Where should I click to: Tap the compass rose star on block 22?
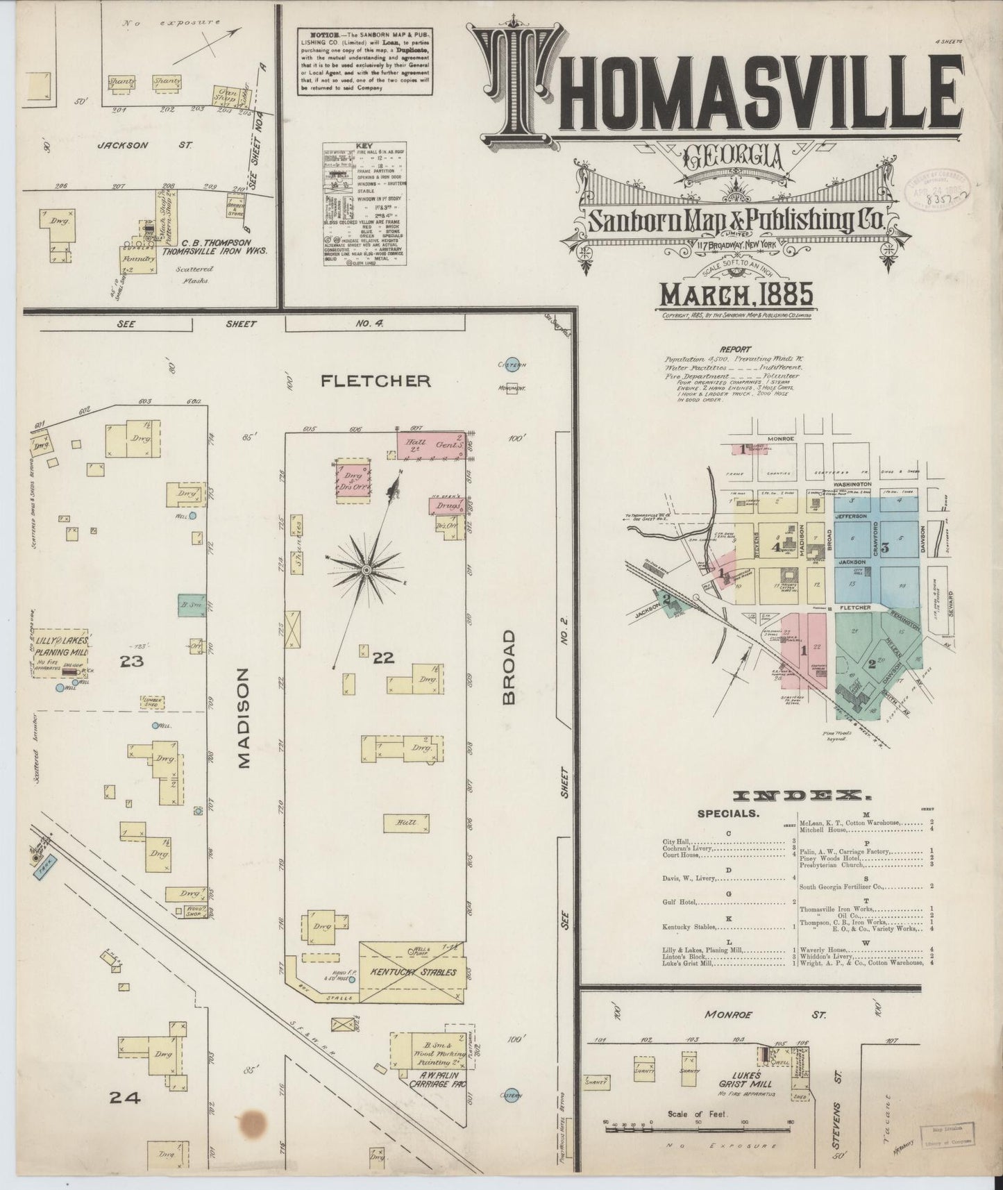click(x=366, y=570)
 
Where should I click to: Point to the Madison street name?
click(x=244, y=718)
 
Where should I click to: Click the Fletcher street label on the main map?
click(x=376, y=380)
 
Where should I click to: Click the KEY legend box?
click(x=364, y=204)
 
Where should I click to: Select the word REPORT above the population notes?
click(x=735, y=349)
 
